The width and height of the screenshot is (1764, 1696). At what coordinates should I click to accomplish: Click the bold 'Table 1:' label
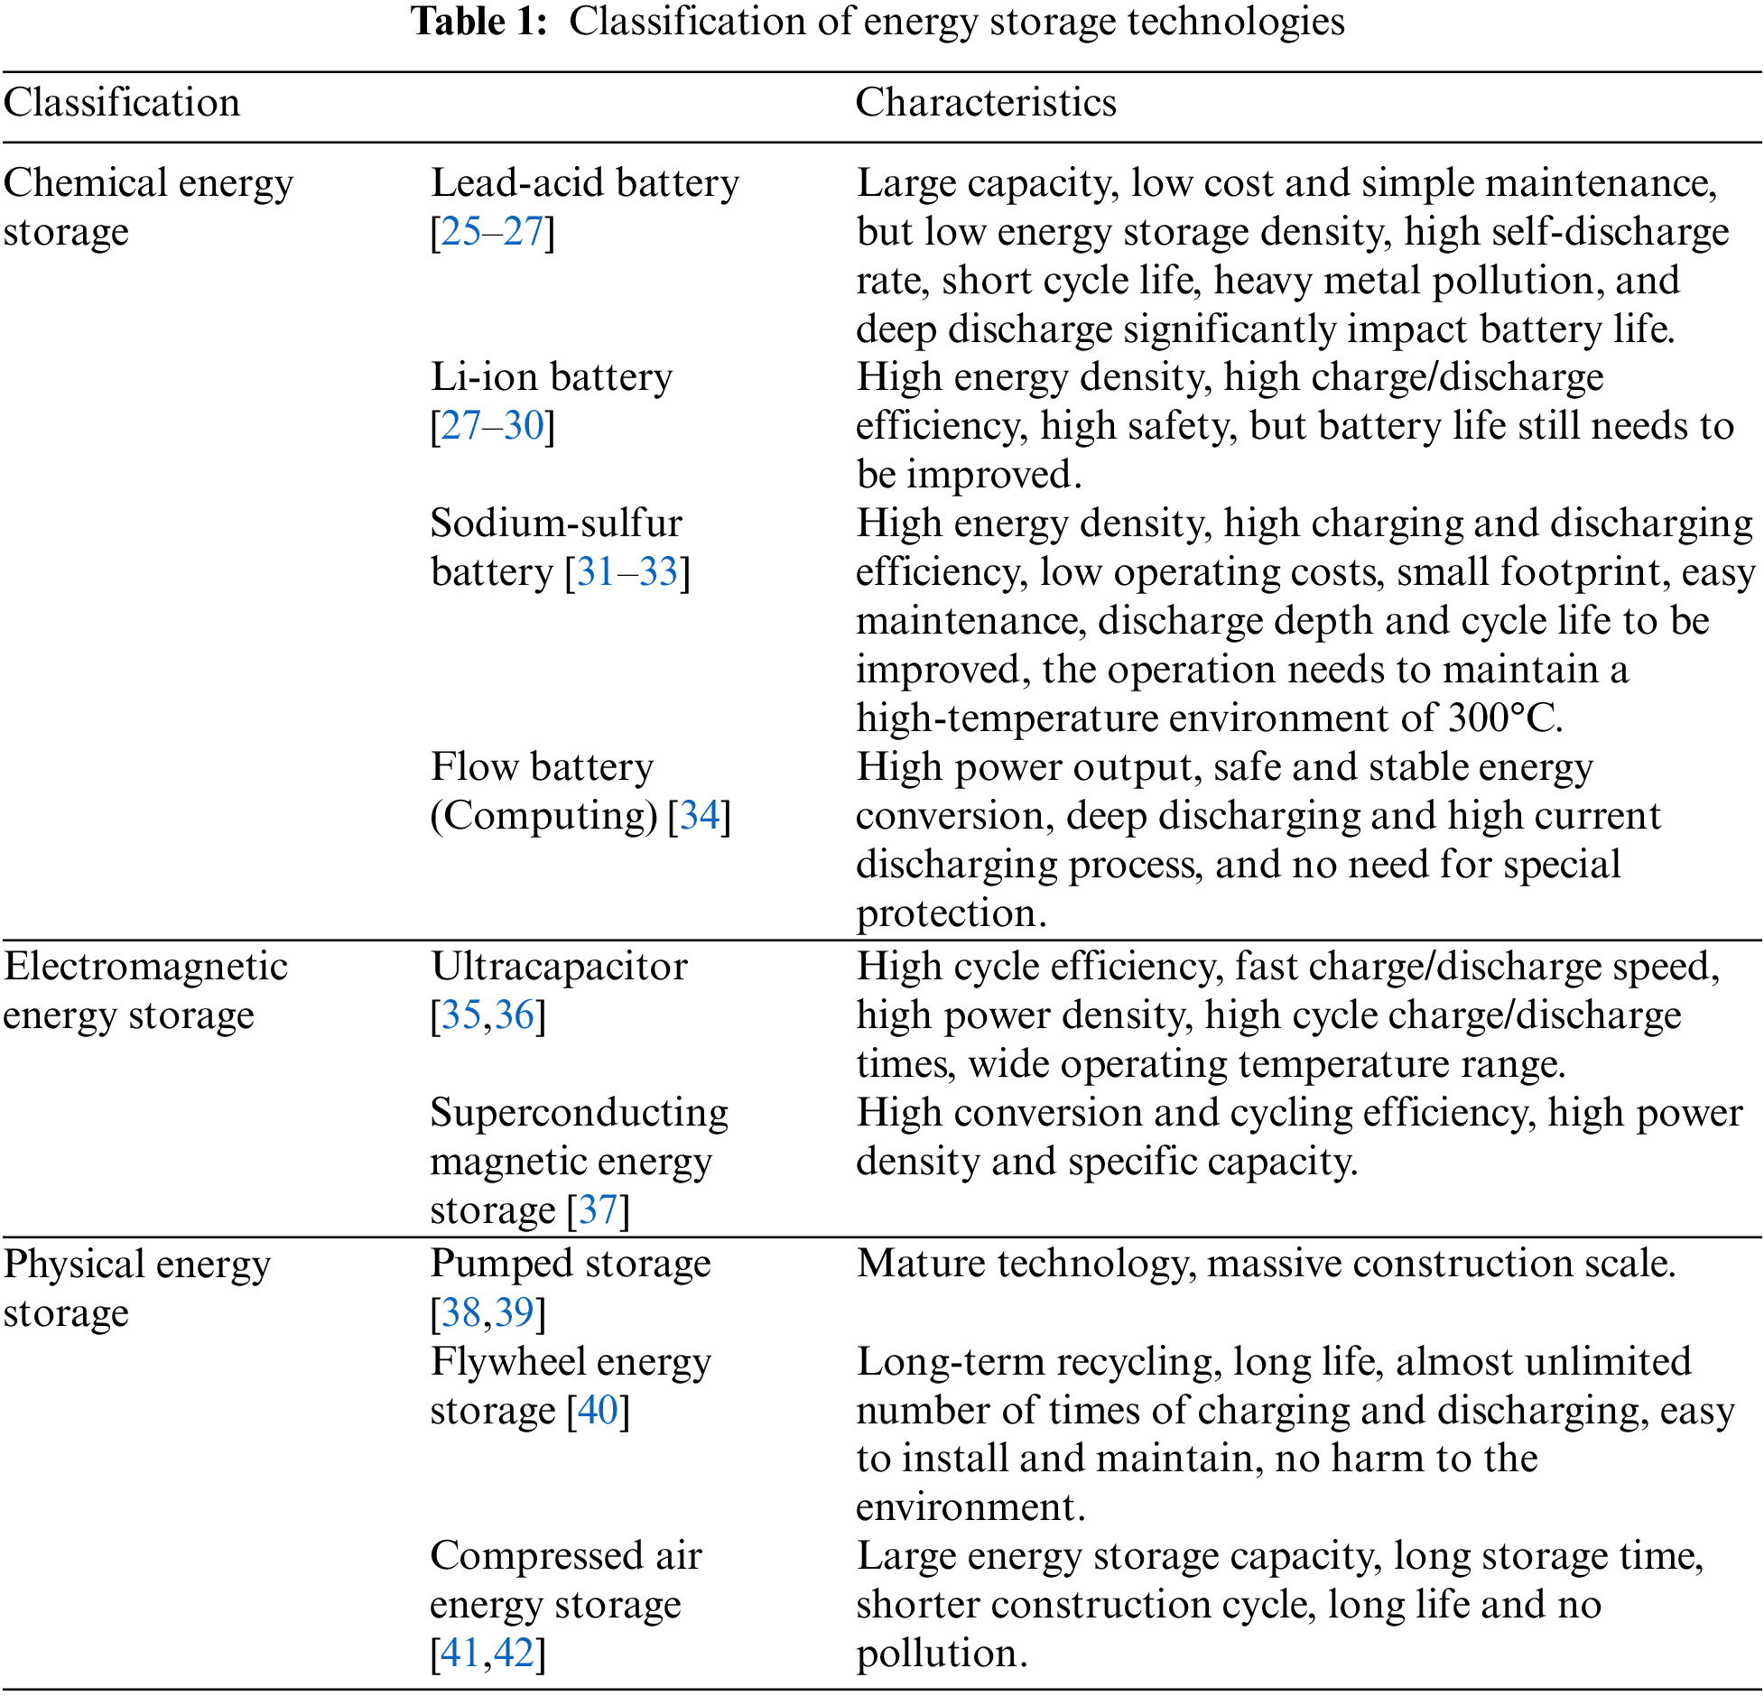[479, 22]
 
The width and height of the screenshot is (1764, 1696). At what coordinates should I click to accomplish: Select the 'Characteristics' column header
[986, 103]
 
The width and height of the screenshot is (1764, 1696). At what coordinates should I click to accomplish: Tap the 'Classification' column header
[122, 103]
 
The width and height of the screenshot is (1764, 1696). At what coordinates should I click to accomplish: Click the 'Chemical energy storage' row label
[148, 207]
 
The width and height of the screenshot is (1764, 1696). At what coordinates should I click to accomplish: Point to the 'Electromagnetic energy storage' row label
[144, 990]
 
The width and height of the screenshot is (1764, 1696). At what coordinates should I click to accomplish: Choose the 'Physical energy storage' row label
[136, 1288]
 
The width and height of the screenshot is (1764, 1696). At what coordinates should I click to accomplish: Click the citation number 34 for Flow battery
[700, 816]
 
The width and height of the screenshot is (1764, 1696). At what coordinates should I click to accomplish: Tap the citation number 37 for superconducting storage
[598, 1210]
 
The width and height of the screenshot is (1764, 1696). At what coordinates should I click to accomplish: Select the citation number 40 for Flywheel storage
[598, 1410]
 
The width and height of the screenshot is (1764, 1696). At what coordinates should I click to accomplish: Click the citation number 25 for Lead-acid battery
[461, 232]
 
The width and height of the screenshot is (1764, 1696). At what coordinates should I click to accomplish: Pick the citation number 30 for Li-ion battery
[524, 426]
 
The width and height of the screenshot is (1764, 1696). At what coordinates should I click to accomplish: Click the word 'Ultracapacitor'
[559, 967]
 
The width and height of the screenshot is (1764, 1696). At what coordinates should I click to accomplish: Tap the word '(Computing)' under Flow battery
[544, 816]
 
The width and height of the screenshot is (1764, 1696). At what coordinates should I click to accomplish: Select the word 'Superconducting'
[580, 1113]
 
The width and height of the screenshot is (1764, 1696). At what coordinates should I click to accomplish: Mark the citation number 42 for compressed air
[515, 1653]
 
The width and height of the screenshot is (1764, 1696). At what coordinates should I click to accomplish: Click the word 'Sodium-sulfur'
[556, 524]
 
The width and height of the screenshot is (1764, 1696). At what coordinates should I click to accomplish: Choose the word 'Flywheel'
[506, 1361]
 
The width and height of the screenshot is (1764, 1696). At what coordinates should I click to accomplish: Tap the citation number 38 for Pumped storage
[461, 1312]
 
